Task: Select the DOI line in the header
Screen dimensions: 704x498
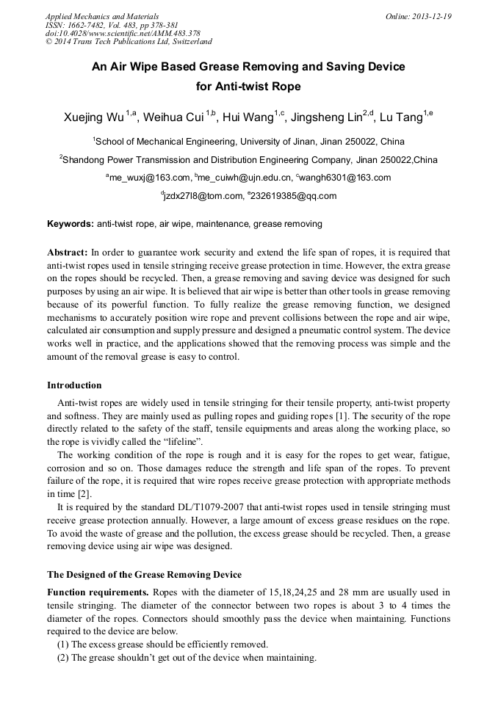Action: (123, 34)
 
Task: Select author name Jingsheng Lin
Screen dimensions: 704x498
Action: (325, 117)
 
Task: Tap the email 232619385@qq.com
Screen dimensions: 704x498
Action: (293, 196)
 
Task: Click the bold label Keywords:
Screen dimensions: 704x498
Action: (71, 223)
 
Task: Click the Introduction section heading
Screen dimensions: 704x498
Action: (74, 385)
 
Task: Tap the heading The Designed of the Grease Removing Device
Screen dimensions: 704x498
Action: (144, 574)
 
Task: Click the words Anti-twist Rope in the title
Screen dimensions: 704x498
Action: (248, 86)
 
